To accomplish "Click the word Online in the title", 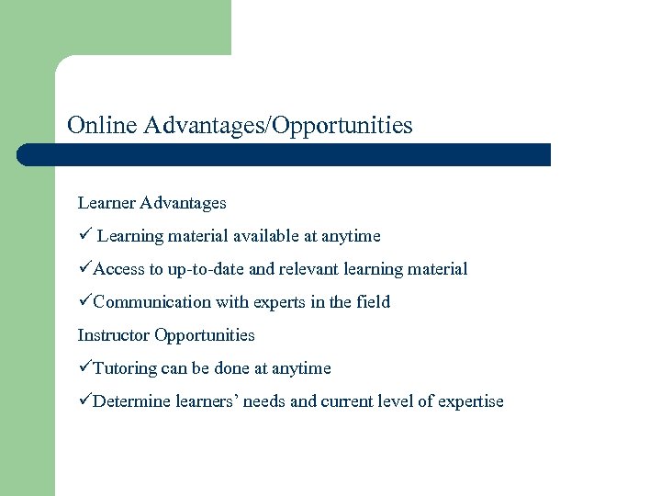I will (102, 125).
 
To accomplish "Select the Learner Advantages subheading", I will (151, 202).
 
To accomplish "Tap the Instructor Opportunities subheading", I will (166, 335).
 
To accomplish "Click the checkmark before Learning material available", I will (84, 236).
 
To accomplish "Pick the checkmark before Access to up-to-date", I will (84, 269).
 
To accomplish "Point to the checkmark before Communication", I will (84, 302).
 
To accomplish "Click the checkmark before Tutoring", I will (84, 368).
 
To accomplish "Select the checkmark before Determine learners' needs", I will (84, 401).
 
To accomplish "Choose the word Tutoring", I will (125, 368).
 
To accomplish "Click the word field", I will (373, 302).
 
